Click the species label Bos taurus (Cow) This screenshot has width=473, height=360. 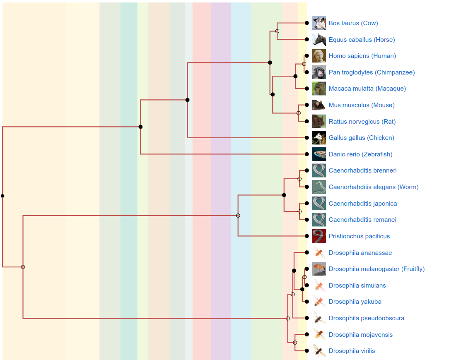coord(353,23)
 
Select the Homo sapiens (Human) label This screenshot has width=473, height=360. coord(362,56)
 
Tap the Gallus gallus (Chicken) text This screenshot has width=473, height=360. coord(361,138)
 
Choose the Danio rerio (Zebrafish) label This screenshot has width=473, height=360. coord(360,154)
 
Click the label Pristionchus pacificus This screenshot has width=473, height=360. coord(359,236)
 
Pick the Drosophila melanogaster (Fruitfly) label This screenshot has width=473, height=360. coord(376,269)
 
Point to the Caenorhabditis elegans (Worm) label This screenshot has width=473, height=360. coord(373,187)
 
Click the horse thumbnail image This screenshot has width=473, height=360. coord(319,40)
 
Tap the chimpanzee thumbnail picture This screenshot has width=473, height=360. coord(319,72)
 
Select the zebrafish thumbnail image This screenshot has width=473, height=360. coord(319,154)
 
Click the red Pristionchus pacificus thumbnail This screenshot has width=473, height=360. coord(319,236)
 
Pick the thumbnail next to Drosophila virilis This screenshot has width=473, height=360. coord(319,351)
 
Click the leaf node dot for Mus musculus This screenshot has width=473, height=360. coord(306,105)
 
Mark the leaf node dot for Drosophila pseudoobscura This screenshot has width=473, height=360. coord(306,318)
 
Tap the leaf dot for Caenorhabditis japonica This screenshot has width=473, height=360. coord(306,204)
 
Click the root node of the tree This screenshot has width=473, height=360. coord(2,196)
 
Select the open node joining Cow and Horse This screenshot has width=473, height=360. coord(277,31)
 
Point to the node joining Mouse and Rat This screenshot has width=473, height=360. coord(299,113)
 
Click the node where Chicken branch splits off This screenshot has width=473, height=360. coord(188,100)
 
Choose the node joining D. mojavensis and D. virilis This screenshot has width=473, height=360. coord(295,343)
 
